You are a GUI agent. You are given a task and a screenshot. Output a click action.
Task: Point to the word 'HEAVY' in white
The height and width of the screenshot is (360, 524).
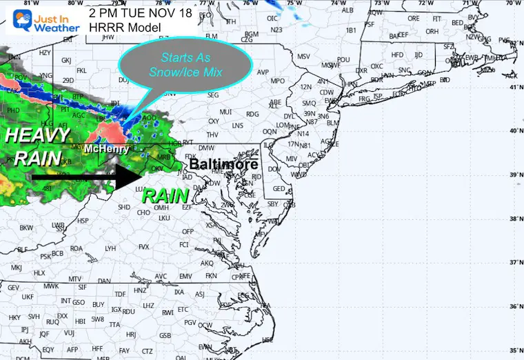click(39, 135)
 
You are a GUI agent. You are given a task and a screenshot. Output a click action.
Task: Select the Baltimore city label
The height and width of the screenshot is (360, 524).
click(223, 165)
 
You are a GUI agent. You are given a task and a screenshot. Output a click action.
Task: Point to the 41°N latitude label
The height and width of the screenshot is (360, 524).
click(512, 88)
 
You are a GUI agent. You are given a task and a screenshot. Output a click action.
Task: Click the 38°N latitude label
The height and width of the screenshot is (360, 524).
click(512, 219)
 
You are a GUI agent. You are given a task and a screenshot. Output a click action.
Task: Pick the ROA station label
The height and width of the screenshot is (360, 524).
click(77, 248)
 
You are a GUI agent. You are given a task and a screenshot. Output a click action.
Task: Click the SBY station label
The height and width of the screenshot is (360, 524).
click(273, 203)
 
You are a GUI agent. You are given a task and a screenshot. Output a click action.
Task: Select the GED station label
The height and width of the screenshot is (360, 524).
click(279, 188)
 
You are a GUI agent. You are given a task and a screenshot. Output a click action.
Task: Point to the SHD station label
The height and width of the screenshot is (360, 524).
click(124, 207)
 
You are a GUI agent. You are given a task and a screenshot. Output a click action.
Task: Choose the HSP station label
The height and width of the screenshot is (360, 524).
click(83, 221)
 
